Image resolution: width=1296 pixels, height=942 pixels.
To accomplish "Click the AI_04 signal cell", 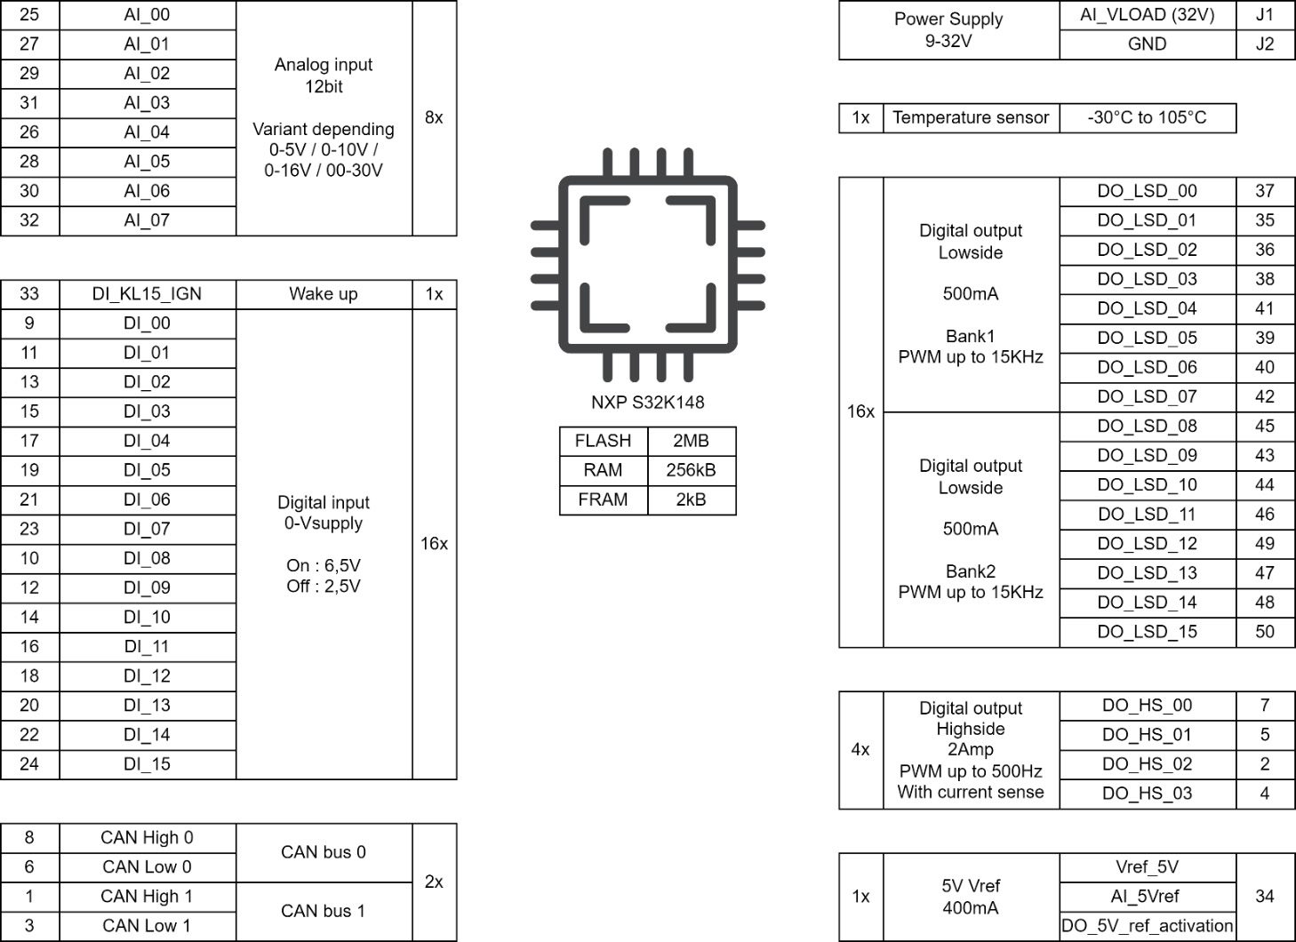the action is pos(148,132).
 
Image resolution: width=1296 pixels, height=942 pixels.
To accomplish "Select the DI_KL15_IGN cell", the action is pos(148,294).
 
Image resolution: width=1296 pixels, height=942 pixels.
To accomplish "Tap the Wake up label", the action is pos(324,294).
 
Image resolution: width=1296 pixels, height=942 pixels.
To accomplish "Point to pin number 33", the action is pos(29,294).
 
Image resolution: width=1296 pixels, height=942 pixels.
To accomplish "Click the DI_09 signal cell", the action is pos(148,588).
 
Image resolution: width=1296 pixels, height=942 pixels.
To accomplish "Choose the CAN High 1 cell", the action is pos(148,897).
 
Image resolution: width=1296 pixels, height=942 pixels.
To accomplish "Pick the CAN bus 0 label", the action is pos(324,852).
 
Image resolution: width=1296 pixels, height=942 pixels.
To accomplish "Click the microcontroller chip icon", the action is pos(648,265).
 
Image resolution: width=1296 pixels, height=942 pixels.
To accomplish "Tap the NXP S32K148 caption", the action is pos(648,403).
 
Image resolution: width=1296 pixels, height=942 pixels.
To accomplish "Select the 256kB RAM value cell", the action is pos(692,470).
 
